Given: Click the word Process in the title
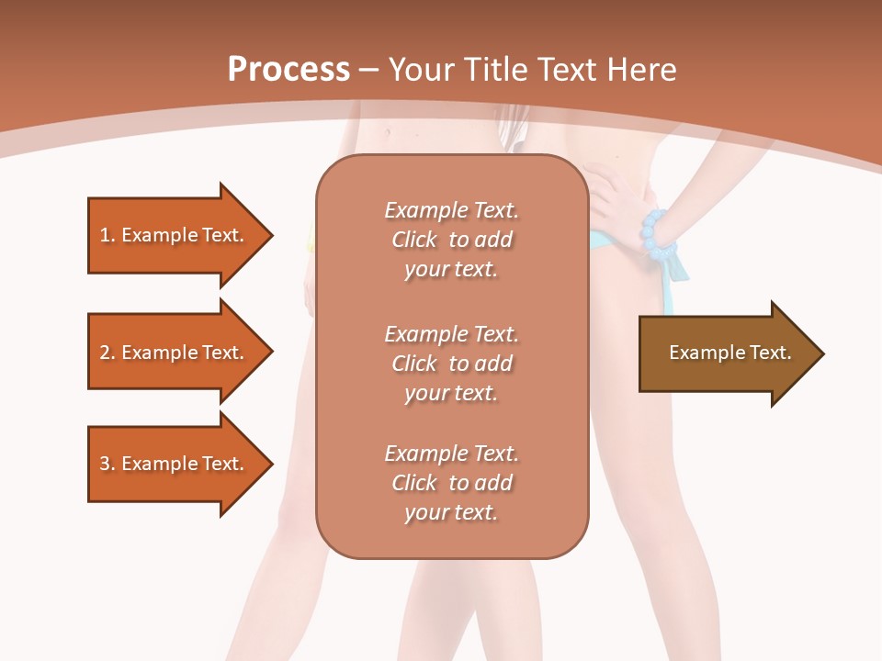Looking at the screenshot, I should coord(288,70).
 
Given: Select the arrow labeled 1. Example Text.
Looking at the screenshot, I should coord(175,235).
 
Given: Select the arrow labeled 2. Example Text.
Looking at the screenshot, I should coord(175,353).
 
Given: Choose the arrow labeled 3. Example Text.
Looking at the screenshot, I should coord(175,464).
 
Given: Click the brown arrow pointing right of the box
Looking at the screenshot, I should coord(726,353).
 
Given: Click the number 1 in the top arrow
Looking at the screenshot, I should coord(105,235).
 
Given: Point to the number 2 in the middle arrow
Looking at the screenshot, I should coord(105,353).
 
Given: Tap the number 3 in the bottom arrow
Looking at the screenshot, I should coord(105,464).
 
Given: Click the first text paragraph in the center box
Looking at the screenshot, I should coord(451,240).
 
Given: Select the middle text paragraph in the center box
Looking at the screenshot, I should coord(451,364).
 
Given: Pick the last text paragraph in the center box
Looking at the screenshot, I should coord(451,483).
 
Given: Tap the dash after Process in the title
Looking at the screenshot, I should coord(368,70).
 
